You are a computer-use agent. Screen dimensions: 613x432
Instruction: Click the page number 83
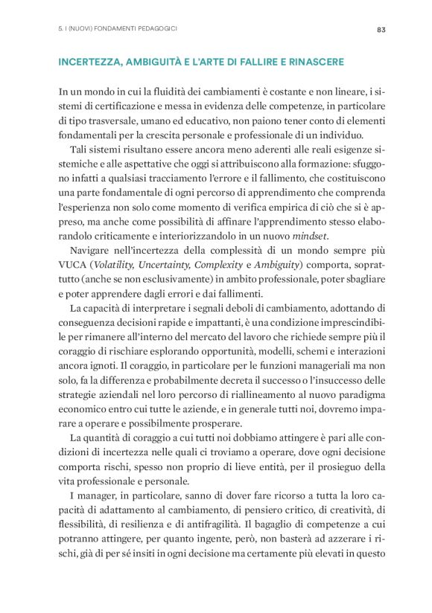(x=380, y=30)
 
